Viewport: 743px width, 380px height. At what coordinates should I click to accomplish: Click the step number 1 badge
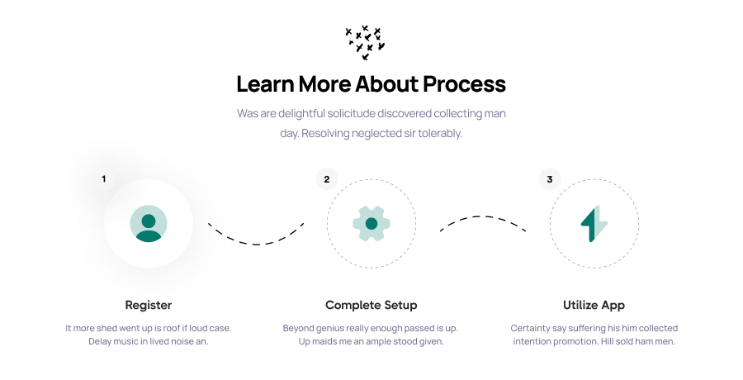pos(104,179)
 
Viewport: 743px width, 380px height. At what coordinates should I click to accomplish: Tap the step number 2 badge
pos(326,179)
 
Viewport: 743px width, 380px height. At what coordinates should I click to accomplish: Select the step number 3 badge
pos(550,179)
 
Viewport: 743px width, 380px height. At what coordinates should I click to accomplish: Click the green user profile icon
pos(149,223)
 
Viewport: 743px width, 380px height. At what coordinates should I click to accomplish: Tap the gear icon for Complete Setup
pos(371,223)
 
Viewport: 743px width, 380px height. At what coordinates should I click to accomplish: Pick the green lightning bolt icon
pos(594,223)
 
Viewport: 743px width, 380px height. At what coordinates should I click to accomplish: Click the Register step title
pos(149,305)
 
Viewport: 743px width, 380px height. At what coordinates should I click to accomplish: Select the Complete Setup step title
pos(371,305)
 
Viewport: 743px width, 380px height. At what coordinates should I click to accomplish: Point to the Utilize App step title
pos(594,305)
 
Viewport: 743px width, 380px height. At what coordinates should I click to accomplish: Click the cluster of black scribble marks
pos(365,43)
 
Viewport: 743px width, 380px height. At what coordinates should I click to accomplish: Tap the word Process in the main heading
pos(464,84)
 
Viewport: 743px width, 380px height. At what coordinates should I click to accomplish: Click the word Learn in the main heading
pos(265,84)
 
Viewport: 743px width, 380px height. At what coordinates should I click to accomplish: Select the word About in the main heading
pos(386,84)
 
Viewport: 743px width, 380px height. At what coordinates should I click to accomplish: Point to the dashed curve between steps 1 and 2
pos(256,244)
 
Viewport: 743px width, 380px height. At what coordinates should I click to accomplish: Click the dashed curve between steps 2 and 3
pos(483,216)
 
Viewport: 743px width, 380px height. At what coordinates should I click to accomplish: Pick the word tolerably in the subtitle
pos(440,133)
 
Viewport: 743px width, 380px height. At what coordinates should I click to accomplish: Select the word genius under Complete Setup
pos(329,328)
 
